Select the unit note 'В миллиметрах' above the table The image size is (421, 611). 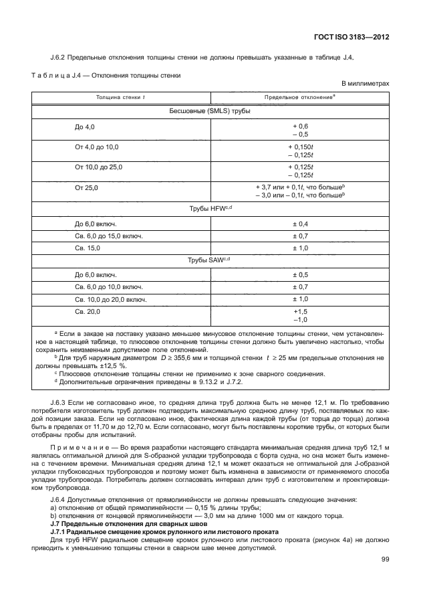coord(366,84)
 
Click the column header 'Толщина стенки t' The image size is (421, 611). coord(121,98)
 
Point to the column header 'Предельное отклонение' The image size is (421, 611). coord(299,98)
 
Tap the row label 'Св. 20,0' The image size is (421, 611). coord(88,311)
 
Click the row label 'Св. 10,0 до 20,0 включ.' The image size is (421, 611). coord(111,299)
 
